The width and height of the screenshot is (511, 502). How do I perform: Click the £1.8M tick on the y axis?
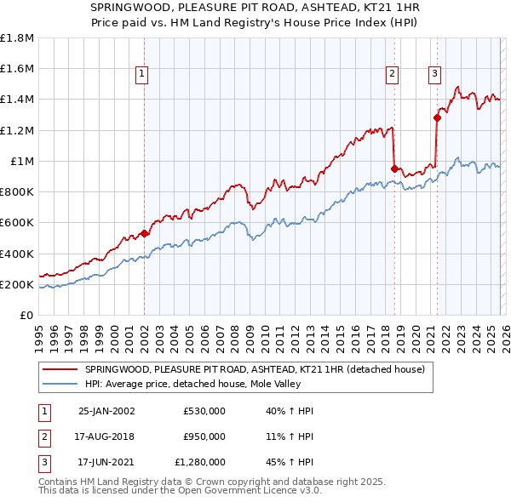pyautogui.click(x=17, y=38)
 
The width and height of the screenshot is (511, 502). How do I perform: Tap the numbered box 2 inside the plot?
pyautogui.click(x=392, y=74)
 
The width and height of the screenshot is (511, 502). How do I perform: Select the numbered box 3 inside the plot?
pyautogui.click(x=434, y=74)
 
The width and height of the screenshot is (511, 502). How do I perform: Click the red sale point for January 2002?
pyautogui.click(x=144, y=233)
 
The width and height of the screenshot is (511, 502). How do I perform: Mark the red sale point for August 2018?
pyautogui.click(x=394, y=168)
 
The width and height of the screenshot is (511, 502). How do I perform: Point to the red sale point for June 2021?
pyautogui.click(x=437, y=118)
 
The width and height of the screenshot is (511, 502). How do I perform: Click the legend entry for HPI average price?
pyautogui.click(x=204, y=384)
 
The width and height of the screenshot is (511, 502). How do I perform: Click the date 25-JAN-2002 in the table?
pyautogui.click(x=106, y=411)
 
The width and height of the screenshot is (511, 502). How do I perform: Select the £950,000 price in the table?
pyautogui.click(x=204, y=436)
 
